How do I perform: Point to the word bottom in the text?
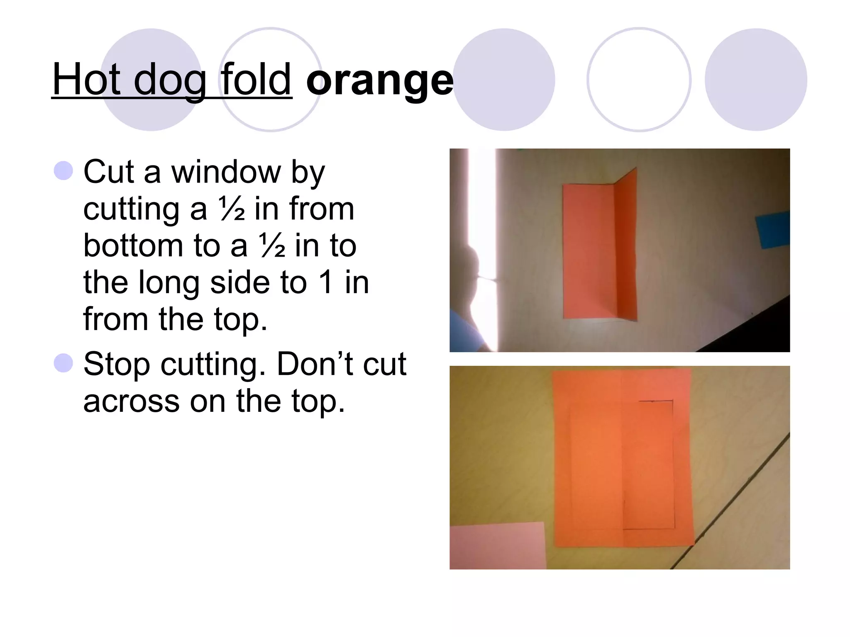point(133,246)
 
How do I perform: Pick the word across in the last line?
point(131,401)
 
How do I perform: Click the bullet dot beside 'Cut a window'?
point(64,171)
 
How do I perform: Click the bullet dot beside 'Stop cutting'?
point(64,363)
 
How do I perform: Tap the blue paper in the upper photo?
point(773,230)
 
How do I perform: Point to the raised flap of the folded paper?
point(626,245)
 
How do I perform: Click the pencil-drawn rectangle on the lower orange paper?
point(648,464)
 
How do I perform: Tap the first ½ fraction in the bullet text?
point(232,209)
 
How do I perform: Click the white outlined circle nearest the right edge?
point(639,80)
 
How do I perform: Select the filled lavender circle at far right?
point(756,80)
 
